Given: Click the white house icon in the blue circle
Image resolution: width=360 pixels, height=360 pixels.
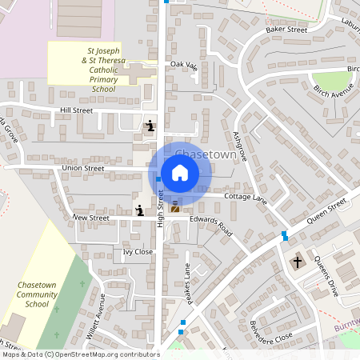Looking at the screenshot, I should [x=180, y=173].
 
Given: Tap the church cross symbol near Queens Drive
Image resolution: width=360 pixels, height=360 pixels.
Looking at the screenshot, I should [x=298, y=262].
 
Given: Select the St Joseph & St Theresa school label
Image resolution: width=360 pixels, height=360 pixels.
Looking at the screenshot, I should [x=92, y=70].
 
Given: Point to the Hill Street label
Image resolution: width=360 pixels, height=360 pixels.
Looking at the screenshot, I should [x=77, y=110].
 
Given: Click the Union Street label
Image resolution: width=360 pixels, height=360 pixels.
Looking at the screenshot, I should [x=83, y=169].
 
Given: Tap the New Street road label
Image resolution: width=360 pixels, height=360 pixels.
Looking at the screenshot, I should [x=90, y=217].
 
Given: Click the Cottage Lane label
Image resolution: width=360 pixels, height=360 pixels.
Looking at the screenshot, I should [x=245, y=197].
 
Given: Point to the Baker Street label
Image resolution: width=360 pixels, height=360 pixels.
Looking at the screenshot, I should [x=286, y=30].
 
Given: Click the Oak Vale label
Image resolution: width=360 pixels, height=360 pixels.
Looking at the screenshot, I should [x=183, y=66].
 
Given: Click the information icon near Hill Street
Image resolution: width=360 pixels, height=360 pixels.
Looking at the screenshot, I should [x=150, y=126].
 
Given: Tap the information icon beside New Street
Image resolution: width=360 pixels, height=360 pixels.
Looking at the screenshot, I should [x=140, y=210].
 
